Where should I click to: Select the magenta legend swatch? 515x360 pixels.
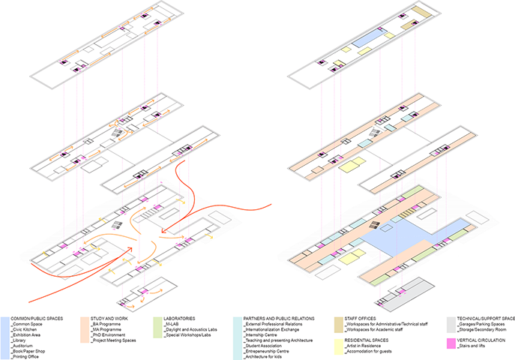[x=450, y=343]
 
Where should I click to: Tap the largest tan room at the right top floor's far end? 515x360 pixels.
[x=419, y=15]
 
